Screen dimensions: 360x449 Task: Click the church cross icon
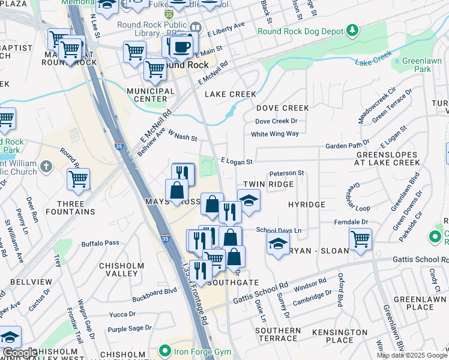coord(47,166)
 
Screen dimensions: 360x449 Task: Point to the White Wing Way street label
coord(274,134)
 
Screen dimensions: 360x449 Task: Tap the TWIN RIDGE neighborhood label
coord(268,184)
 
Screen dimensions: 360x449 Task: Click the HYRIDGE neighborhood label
coord(306,205)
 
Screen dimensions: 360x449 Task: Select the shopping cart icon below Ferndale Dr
coord(360,239)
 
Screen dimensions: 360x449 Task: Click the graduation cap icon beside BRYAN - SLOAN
coord(277,244)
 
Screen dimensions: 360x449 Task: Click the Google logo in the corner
coord(19,353)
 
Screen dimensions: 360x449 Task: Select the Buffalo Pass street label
coord(100,243)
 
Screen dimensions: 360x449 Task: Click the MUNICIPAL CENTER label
coord(146,94)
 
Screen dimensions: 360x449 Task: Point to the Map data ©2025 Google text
coord(412,355)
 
